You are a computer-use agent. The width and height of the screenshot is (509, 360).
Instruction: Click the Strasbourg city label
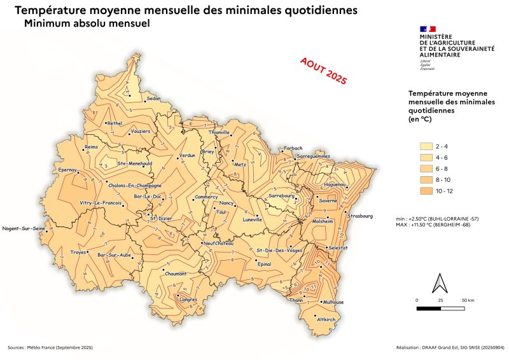coord(359,216)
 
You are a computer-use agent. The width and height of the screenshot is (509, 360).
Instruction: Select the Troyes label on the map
coord(78,252)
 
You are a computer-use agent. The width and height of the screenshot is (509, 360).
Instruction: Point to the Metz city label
coord(240,164)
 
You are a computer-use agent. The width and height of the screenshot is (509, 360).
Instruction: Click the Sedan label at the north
coord(153,99)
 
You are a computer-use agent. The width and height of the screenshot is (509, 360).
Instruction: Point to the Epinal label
coord(264,263)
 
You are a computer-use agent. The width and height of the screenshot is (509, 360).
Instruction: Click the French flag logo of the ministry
coord(428,29)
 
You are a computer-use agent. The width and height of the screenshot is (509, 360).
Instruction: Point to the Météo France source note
coord(50,348)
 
